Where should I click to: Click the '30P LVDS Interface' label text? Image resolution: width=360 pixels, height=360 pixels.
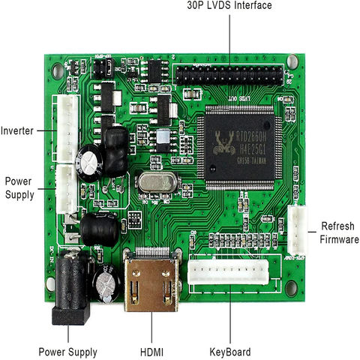[229, 6]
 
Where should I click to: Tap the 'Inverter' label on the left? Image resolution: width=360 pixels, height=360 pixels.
[17, 130]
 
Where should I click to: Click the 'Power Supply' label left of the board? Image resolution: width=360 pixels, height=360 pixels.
[19, 187]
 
